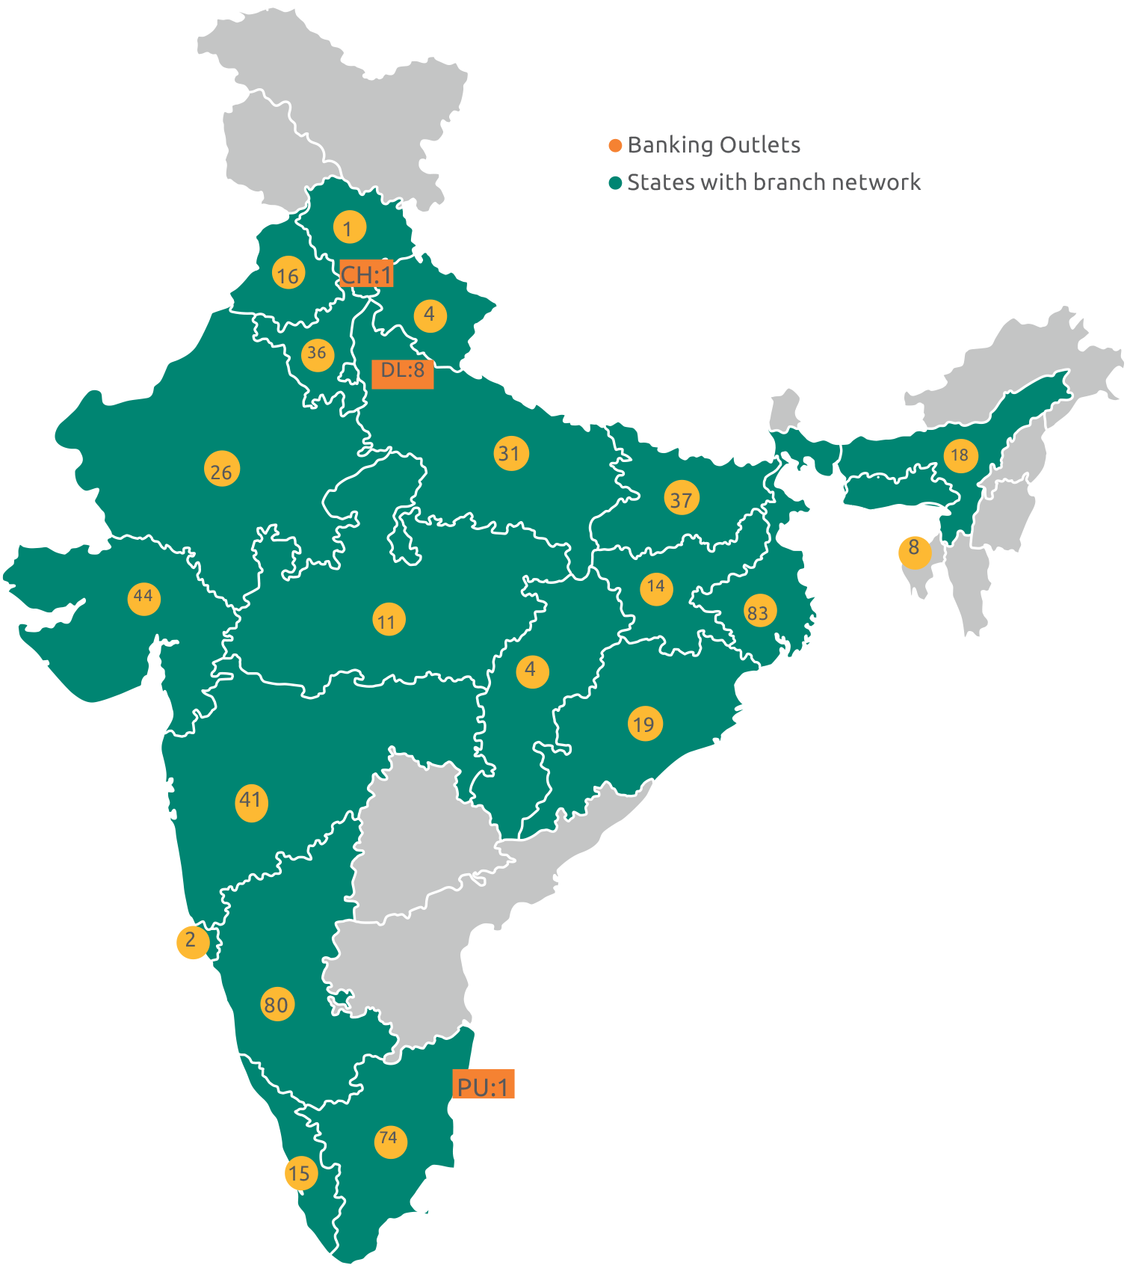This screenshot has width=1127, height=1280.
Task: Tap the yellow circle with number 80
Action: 277,1004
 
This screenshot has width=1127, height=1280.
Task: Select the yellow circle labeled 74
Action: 390,1141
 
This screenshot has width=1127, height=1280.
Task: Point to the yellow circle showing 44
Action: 143,597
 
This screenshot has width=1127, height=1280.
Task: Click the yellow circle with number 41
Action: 251,802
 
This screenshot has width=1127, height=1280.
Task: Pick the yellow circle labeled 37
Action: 682,498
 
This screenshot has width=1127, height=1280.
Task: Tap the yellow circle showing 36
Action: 318,354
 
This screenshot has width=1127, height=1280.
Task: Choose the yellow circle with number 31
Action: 511,453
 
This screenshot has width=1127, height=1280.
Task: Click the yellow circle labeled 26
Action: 222,470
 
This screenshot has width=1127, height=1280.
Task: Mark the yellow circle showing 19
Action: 644,723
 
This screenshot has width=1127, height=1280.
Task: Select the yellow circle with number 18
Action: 960,455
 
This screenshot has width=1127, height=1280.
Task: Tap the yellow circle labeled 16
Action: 288,275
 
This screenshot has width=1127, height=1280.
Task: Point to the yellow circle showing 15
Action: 300,1173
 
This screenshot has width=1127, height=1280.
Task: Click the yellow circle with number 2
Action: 192,940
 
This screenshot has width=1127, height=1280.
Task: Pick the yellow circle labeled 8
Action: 914,550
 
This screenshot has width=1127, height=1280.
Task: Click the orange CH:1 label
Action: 366,274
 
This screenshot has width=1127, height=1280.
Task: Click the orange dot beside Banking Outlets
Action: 616,146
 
